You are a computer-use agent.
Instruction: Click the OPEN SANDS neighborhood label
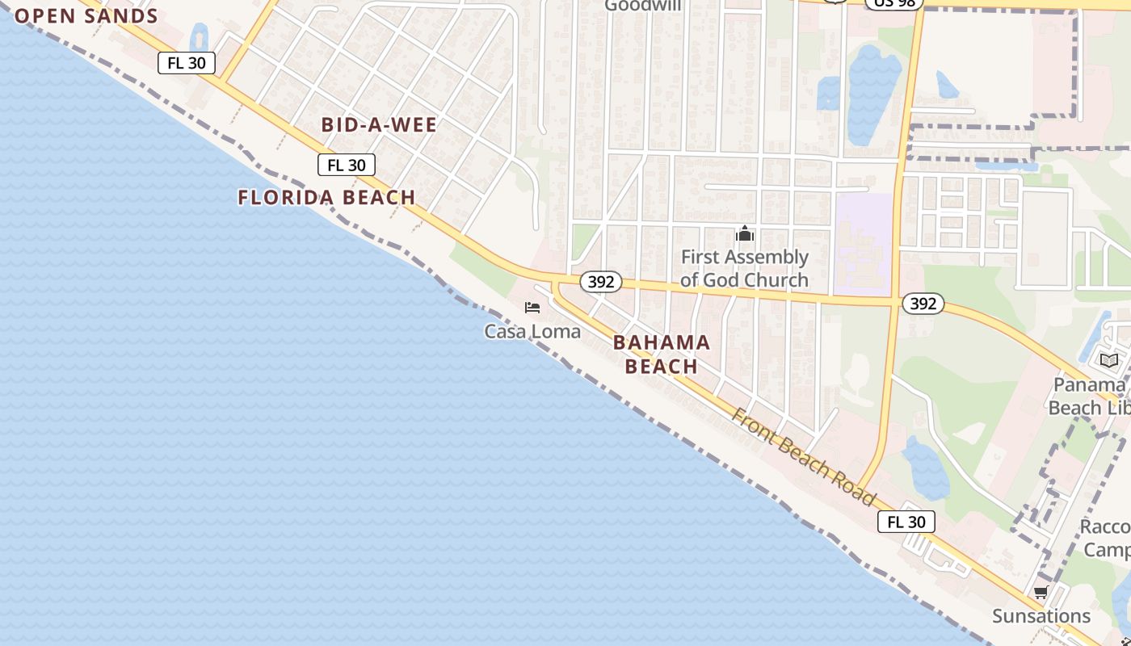click(86, 16)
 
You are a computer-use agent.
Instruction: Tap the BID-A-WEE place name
click(379, 125)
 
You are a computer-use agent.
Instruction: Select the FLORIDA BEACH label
click(326, 197)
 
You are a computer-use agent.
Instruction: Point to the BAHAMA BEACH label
click(662, 354)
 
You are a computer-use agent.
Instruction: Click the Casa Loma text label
click(532, 331)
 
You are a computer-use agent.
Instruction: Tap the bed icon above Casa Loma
click(532, 308)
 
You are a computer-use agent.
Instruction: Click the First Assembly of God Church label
click(744, 268)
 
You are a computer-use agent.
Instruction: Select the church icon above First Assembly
click(744, 235)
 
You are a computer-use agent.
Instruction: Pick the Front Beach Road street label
click(803, 456)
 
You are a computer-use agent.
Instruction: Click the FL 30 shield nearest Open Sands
click(187, 63)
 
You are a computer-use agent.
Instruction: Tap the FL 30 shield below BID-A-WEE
click(347, 166)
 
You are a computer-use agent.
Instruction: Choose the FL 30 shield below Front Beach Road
click(906, 522)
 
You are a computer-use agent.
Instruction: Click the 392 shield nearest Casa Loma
click(600, 282)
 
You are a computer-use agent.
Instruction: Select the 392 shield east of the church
click(923, 304)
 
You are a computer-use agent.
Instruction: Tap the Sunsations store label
click(1041, 616)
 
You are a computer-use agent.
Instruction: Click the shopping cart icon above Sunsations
click(1041, 593)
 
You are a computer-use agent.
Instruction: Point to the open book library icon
click(1108, 360)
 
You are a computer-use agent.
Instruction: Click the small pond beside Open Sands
click(199, 37)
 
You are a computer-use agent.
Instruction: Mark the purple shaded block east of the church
click(863, 242)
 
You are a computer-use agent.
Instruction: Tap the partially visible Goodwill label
click(643, 6)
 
